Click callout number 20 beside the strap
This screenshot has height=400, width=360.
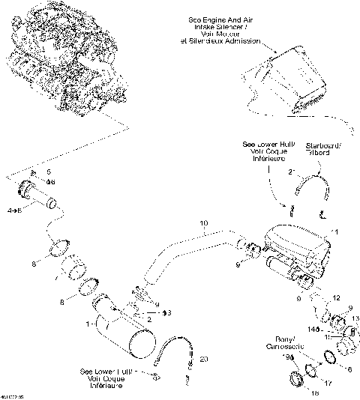click(203, 360)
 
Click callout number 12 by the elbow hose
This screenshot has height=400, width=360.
click(336, 297)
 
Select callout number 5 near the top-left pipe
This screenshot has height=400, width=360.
click(49, 172)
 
